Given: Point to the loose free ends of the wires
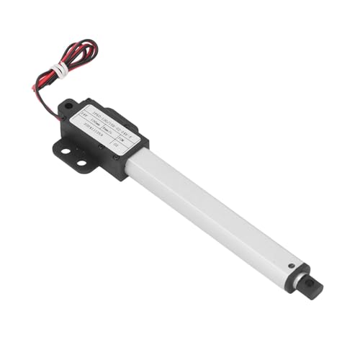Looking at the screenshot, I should coord(34,88).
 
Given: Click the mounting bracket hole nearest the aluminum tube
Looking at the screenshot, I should coord(81,163).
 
